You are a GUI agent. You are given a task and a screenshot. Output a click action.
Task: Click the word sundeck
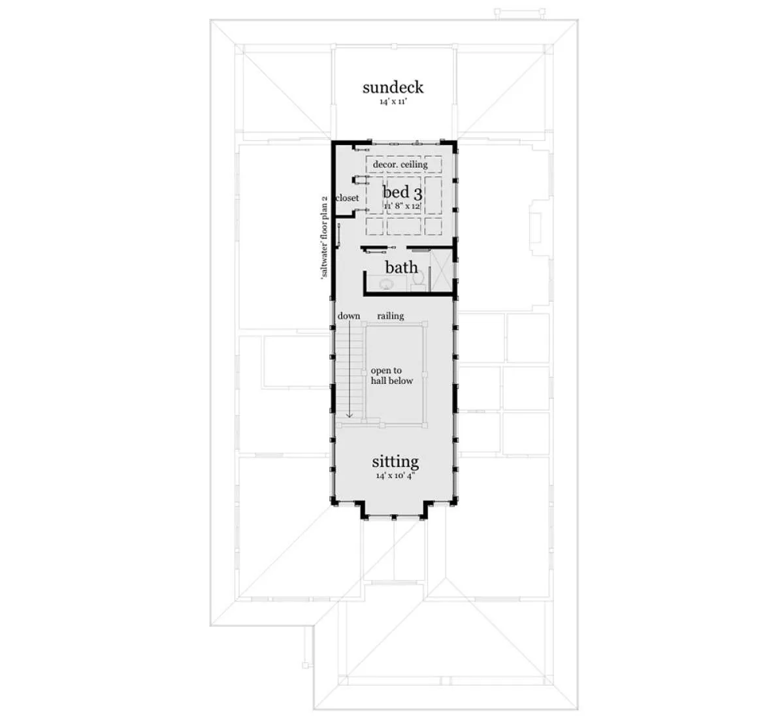[x=393, y=87]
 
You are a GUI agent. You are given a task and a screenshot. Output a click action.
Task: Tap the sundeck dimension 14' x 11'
[x=393, y=102]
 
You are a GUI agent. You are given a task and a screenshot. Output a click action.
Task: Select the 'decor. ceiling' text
[x=400, y=165]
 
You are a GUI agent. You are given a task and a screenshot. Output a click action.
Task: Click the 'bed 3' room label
[x=402, y=192]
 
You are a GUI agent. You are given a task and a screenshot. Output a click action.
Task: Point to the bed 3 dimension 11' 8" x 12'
[x=402, y=206]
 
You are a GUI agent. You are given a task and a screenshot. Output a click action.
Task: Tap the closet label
[x=347, y=198]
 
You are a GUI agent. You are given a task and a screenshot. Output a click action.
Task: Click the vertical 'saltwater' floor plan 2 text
[x=324, y=237]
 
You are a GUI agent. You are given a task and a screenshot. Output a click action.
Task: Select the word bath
[x=401, y=267]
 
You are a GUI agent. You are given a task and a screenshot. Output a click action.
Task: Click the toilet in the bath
[x=417, y=280]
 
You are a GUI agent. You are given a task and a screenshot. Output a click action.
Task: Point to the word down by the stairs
[x=349, y=315]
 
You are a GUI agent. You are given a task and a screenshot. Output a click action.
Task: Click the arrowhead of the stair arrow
[x=350, y=416]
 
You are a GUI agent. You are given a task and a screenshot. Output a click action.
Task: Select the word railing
[x=391, y=315]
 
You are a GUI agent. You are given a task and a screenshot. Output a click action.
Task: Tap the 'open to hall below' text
[x=391, y=376]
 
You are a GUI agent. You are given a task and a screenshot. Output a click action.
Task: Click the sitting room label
[x=395, y=462]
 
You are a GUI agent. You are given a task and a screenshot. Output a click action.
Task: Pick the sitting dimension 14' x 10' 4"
[x=395, y=476]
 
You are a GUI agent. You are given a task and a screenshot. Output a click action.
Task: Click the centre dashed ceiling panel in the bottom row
[x=404, y=226]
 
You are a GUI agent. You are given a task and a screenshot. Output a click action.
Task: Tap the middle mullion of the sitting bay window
[x=394, y=518]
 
